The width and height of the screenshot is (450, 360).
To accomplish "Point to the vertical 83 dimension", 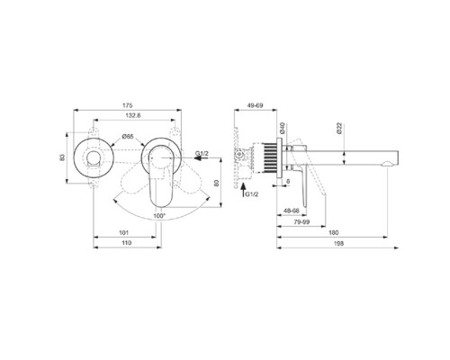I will pos(62,157).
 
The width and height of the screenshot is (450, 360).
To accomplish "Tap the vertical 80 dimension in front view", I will pos(217,183).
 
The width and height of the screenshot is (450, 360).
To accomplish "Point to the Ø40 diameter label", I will pos(283,129).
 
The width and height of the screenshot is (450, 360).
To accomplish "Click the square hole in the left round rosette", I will pos(92,159).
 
